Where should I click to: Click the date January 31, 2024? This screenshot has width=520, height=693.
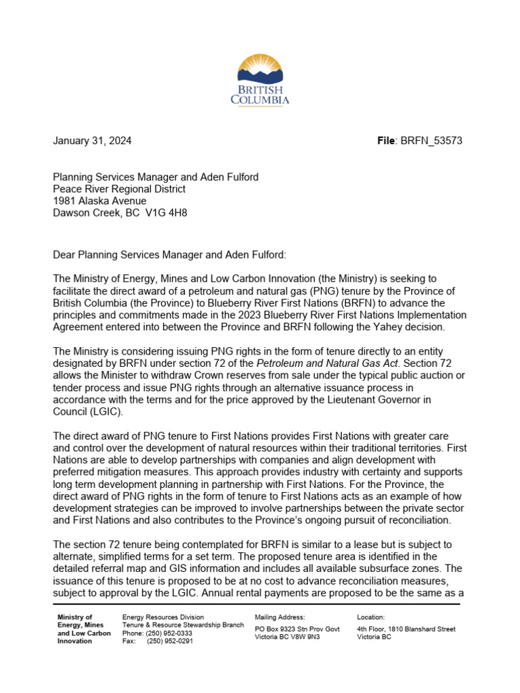click(92, 141)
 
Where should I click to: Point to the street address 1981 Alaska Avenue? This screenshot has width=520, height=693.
click(100, 201)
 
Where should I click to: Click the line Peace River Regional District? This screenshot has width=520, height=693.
click(119, 189)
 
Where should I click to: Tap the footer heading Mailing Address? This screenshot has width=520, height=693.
click(280, 617)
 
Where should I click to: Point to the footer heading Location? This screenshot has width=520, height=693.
click(370, 617)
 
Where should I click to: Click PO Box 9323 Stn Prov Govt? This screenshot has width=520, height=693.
click(297, 629)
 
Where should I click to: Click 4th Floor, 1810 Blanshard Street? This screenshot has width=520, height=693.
click(406, 629)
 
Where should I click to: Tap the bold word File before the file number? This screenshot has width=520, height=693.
click(387, 141)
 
